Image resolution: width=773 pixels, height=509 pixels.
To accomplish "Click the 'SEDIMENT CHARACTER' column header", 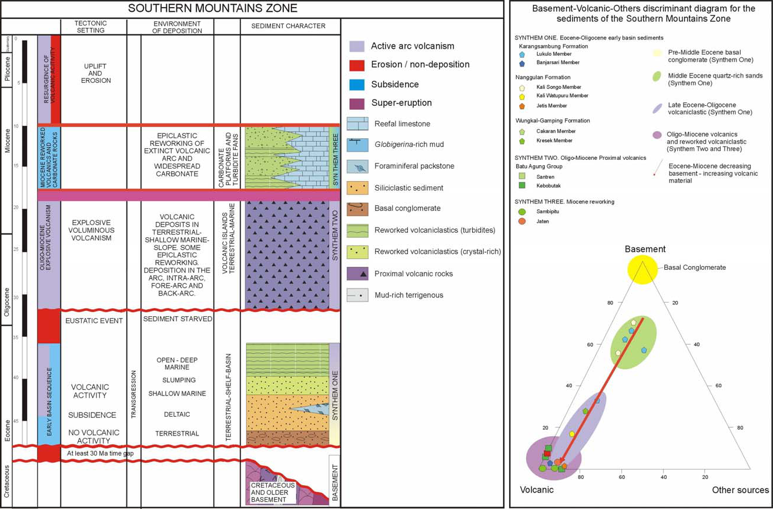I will tap(290, 26).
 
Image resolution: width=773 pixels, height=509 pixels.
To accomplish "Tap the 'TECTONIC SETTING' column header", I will tap(91, 26).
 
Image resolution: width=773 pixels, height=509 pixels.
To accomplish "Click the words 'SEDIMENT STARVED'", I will tap(177, 318).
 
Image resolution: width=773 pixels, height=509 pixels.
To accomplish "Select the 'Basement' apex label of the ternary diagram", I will tap(645, 249).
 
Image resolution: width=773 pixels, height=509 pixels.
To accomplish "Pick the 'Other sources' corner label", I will tap(740, 490).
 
